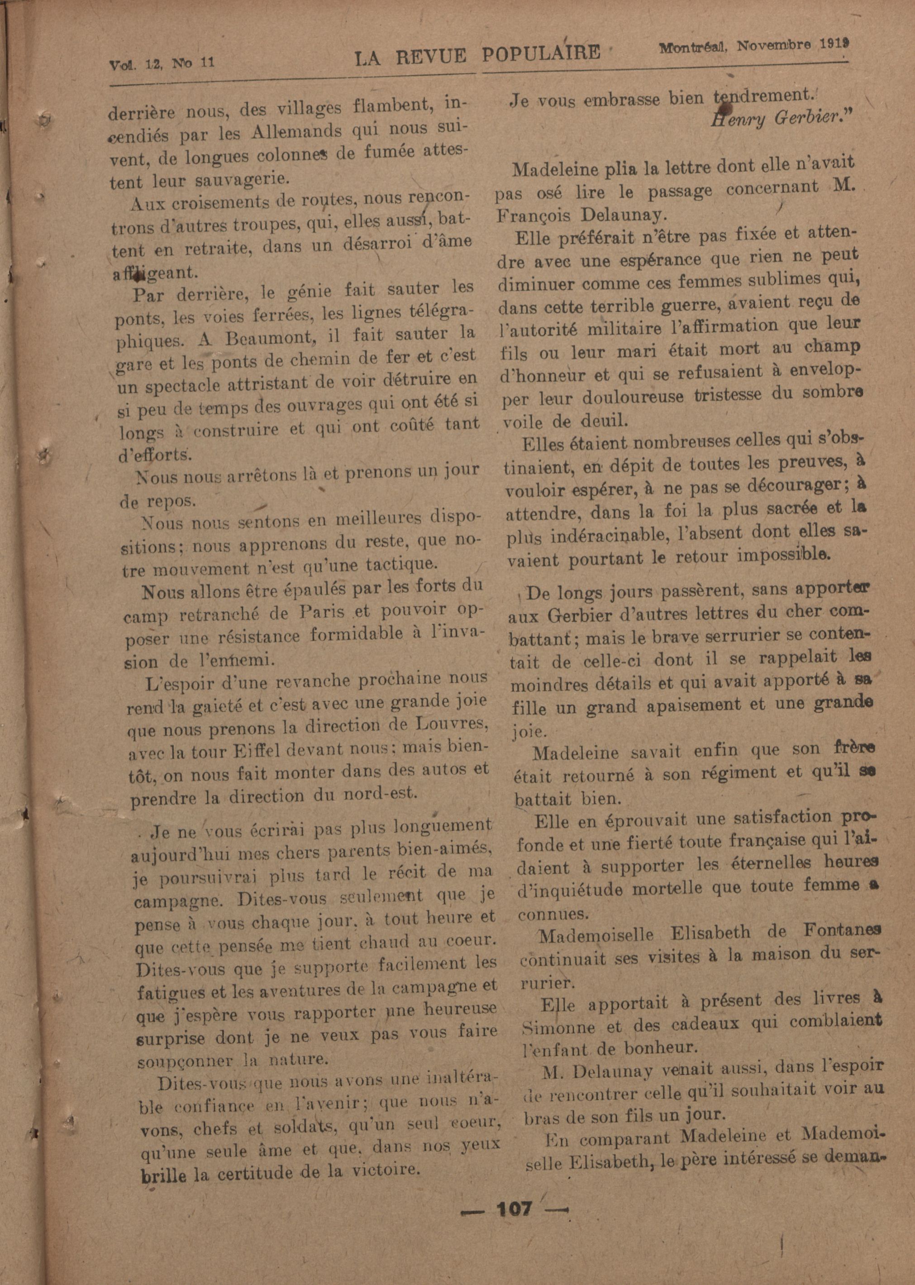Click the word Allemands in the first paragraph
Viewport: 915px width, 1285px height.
click(292, 131)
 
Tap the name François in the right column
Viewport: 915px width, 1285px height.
click(533, 216)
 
